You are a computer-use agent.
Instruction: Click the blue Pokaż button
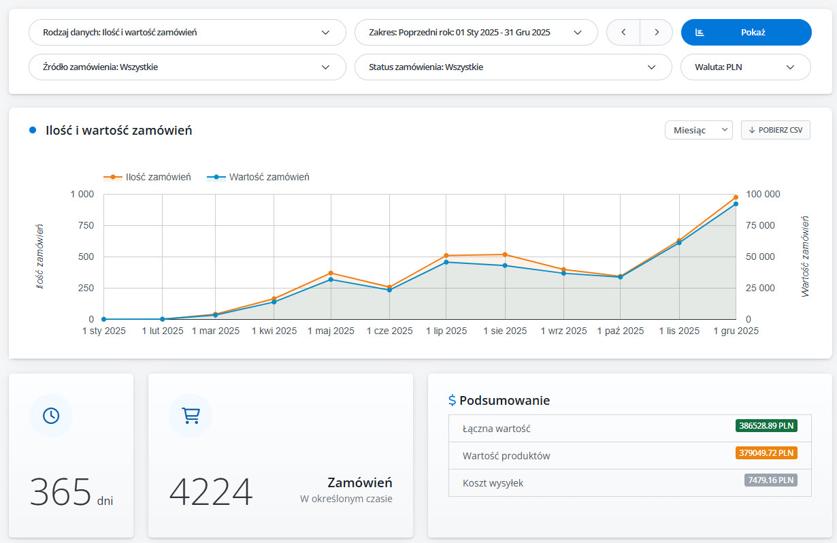coord(746,33)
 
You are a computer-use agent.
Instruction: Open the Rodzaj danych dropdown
coord(187,33)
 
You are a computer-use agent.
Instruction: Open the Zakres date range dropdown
coord(476,33)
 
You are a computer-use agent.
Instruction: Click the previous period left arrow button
coord(623,33)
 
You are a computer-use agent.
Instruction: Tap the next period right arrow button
coord(657,33)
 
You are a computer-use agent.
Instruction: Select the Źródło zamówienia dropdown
coord(187,67)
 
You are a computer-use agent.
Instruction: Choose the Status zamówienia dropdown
coord(513,67)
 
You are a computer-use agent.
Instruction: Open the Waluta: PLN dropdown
coord(745,67)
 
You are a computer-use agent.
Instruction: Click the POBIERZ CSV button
coord(775,130)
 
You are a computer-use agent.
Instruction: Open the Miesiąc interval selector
coord(698,130)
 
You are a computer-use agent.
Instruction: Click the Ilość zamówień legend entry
coord(147,177)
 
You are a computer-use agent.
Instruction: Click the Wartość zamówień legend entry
coord(258,177)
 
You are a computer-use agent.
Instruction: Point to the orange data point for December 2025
coord(736,197)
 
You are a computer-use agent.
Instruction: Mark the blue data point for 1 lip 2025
coord(446,263)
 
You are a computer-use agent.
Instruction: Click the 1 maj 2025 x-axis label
coord(331,331)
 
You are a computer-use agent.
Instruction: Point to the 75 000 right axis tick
coord(760,225)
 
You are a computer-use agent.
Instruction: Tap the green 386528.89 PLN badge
coord(766,426)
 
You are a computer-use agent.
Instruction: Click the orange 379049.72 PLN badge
coord(766,453)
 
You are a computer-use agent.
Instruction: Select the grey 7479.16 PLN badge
coord(770,480)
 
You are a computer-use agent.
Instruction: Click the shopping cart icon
coord(191,416)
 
